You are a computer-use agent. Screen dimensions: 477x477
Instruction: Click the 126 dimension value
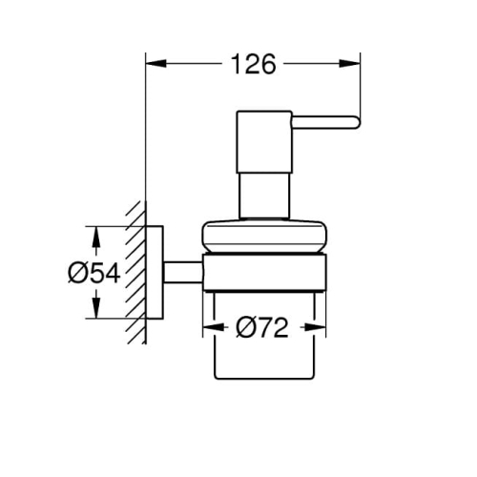pos(254,64)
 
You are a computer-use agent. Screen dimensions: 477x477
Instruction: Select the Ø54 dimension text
pos(94,273)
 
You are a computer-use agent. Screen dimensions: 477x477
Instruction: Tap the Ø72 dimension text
pos(262,327)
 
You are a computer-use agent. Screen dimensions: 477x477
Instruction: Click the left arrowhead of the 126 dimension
pos(156,64)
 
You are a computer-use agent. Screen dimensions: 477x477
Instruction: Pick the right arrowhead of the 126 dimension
pos(350,64)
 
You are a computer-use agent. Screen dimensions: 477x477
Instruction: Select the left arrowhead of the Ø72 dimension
pos(214,327)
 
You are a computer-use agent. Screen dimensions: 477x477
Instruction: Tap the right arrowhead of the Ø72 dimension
pos(315,327)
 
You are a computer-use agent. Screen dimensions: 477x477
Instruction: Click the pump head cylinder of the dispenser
pos(264,142)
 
